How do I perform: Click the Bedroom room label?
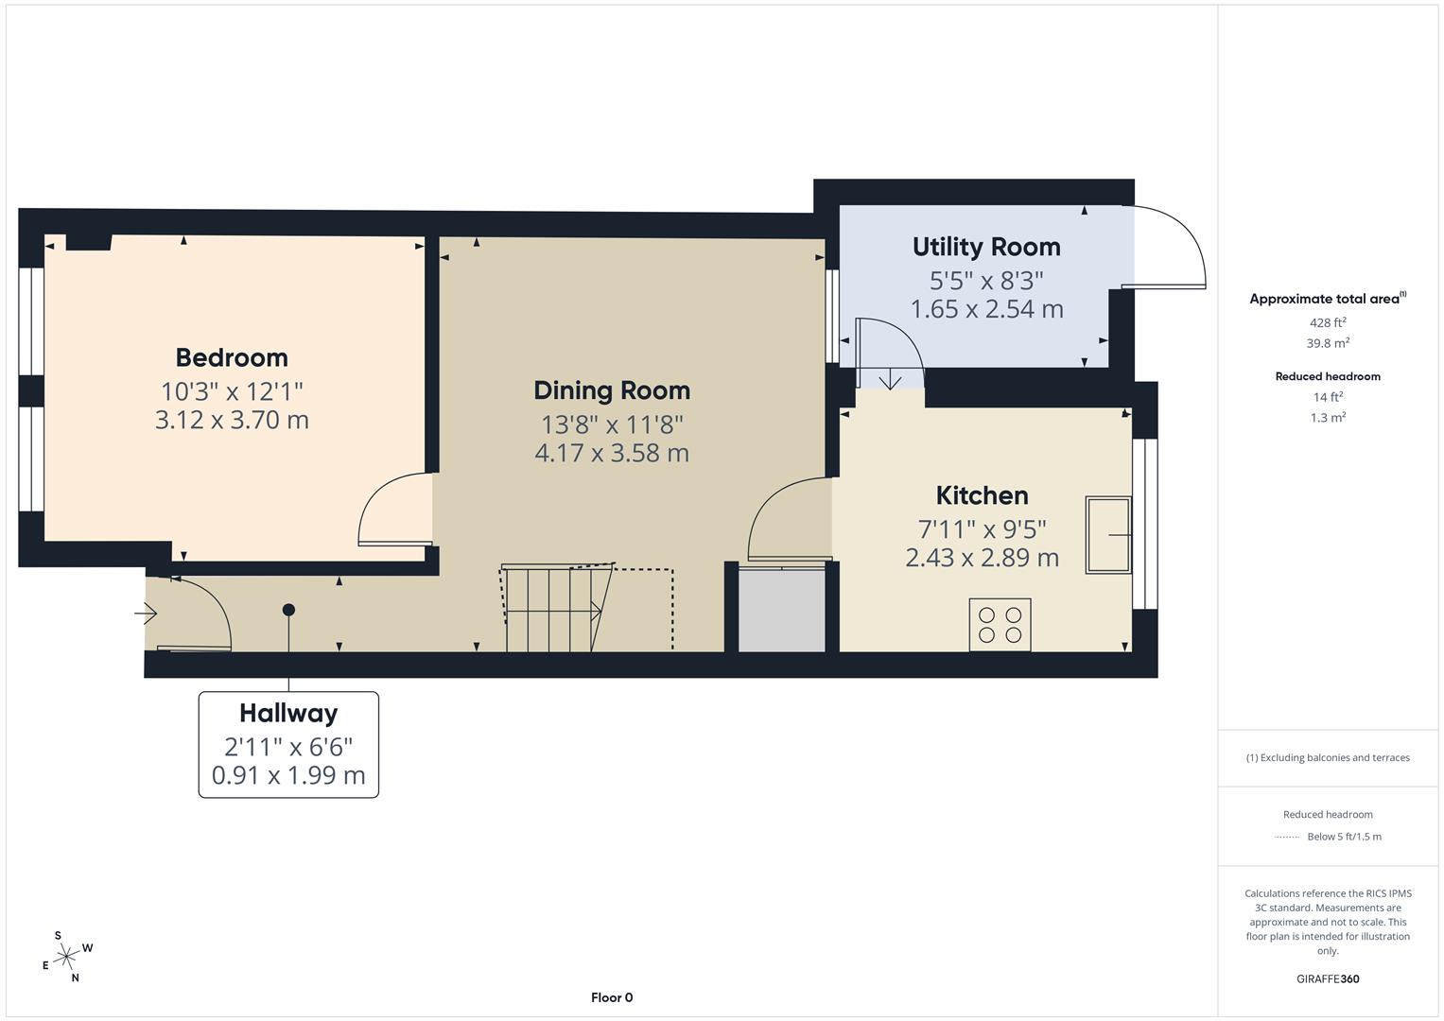[232, 357]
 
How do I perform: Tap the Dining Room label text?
[612, 390]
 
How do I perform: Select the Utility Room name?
[986, 247]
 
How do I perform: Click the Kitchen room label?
[982, 495]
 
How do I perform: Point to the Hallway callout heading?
[288, 713]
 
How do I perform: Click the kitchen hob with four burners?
[1000, 625]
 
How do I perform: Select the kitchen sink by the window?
[1107, 535]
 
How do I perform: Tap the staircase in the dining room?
[553, 609]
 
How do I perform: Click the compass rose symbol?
[66, 958]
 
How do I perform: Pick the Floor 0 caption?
[612, 997]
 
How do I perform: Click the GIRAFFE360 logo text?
[1327, 978]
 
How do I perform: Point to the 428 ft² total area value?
[1328, 322]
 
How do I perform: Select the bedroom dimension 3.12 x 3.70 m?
[232, 420]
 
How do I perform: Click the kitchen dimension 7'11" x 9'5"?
[982, 529]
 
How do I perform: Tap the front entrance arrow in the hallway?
[146, 614]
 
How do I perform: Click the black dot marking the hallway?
[288, 610]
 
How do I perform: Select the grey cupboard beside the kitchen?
[781, 610]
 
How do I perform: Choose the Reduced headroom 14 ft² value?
[1328, 397]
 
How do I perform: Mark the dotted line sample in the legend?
[1287, 837]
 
